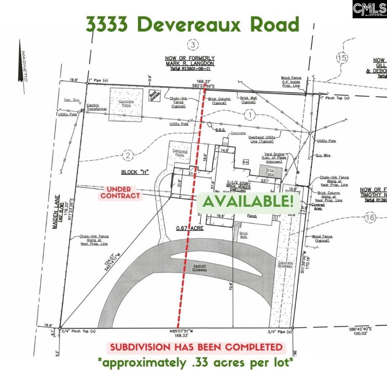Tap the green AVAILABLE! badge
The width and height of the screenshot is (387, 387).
click(248, 201)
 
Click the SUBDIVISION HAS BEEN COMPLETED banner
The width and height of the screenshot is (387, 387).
click(196, 347)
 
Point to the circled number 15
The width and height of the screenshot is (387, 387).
click(342, 58)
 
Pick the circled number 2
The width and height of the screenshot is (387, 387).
click(128, 155)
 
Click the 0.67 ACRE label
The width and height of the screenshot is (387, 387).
click(189, 228)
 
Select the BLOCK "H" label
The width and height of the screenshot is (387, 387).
click(135, 172)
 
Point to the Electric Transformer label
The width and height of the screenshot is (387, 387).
click(97, 107)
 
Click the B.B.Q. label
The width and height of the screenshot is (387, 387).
click(220, 130)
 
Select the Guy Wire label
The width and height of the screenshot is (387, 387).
click(323, 155)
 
